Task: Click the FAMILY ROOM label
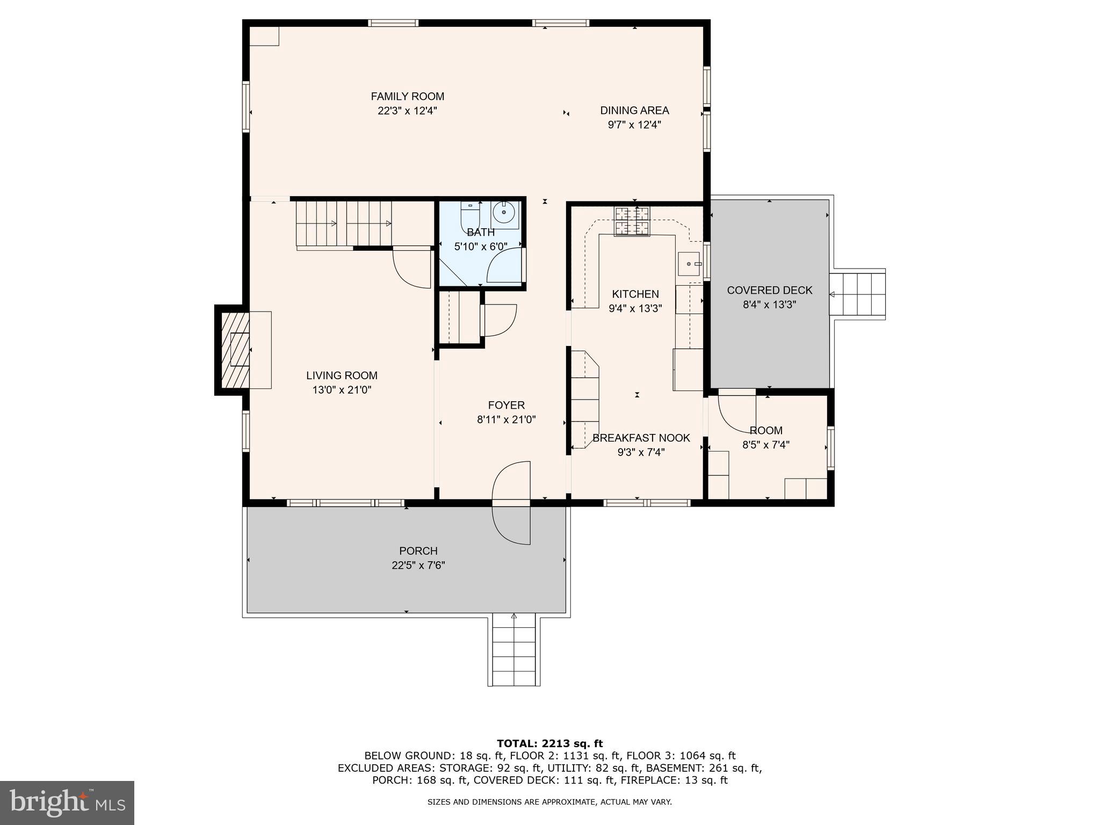(407, 97)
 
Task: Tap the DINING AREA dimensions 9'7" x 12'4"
(634, 125)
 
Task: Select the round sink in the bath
(504, 213)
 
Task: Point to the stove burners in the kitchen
(632, 221)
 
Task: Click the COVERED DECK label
(769, 291)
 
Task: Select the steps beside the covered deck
(857, 294)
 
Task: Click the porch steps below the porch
(514, 651)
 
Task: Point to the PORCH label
(418, 551)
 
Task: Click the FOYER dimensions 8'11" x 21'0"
(506, 420)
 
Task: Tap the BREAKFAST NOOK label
(641, 438)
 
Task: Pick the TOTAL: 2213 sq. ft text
(549, 744)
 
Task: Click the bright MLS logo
(67, 802)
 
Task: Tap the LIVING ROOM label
(342, 376)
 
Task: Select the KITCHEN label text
(635, 294)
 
